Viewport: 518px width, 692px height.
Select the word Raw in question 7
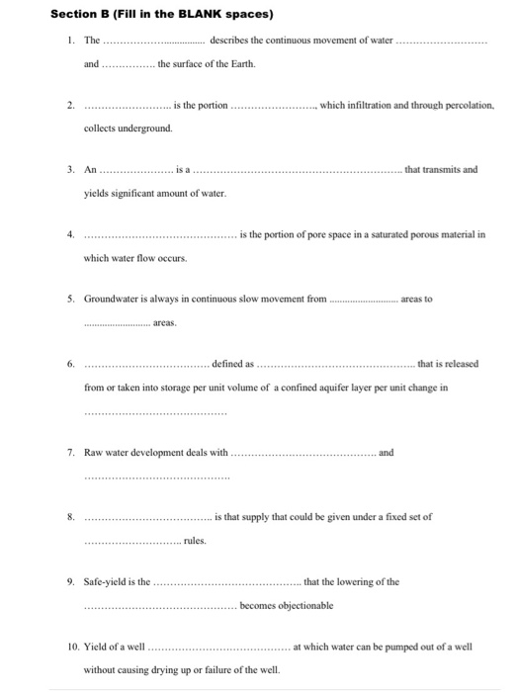93,452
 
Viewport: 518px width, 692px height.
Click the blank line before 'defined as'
146,364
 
